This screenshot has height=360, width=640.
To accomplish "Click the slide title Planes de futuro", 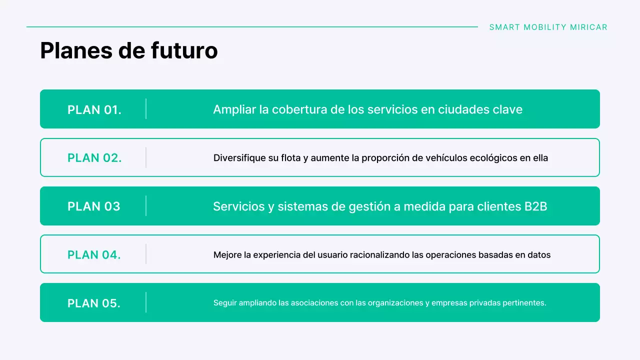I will pos(128,51).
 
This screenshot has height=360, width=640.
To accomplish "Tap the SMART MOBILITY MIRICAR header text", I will pos(548,27).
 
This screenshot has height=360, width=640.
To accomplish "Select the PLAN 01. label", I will pos(94,109).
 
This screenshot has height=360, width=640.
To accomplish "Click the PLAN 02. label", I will pos(94,158).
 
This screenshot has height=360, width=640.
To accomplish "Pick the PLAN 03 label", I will pos(94,206).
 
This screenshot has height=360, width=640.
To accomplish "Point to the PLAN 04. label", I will pos(94,255).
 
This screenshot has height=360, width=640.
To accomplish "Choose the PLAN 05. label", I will pos(94,303).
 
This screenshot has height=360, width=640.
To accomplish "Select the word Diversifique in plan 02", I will pos(239,158).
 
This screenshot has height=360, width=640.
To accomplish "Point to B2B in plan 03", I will pos(535,206).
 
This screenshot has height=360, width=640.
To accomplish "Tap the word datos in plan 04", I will pos(539,255).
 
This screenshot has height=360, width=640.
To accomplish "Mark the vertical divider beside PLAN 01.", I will pos(146,109).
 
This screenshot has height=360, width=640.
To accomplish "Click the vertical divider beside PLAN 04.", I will pos(146,254).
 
